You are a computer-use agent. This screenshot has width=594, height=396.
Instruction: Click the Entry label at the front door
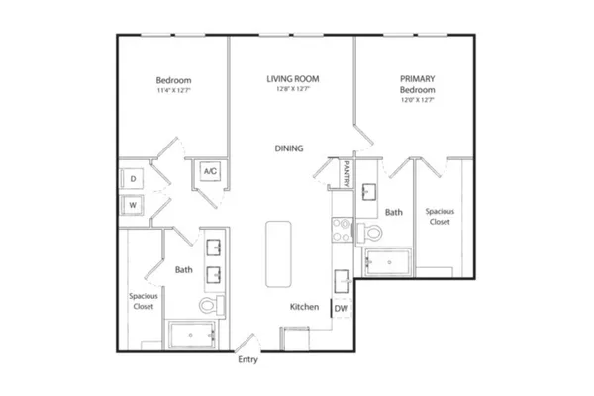(x=247, y=359)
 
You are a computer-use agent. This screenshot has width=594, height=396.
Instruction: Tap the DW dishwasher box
(x=342, y=308)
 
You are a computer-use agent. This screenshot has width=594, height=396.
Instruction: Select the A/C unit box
(x=210, y=171)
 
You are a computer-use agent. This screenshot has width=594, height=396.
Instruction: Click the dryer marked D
(x=133, y=178)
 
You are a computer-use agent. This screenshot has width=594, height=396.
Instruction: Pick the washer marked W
(x=133, y=205)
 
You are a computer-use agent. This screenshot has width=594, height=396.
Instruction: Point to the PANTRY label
(x=346, y=174)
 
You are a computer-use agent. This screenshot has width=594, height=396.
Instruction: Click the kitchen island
(x=278, y=253)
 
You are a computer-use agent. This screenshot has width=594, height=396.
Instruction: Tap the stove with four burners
(x=343, y=230)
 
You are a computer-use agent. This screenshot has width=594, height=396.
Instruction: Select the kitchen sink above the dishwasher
(x=342, y=281)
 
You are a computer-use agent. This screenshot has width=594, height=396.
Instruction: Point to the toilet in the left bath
(x=212, y=304)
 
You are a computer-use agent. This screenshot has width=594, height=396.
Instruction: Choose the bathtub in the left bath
(x=192, y=335)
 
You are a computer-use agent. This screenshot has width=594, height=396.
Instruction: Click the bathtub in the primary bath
(x=388, y=262)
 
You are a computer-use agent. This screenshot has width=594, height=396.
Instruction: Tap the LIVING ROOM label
(x=293, y=79)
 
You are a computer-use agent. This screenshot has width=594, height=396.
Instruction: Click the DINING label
(x=289, y=148)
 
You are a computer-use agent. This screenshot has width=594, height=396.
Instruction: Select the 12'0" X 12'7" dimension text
(x=418, y=100)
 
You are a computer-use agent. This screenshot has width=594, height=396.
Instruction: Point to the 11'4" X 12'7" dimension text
(x=174, y=90)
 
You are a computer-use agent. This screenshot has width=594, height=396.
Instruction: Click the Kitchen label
(x=304, y=307)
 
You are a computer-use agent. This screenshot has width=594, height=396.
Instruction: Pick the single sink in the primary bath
(x=368, y=191)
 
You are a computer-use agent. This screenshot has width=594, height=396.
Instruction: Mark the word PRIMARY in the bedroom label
(x=418, y=79)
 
